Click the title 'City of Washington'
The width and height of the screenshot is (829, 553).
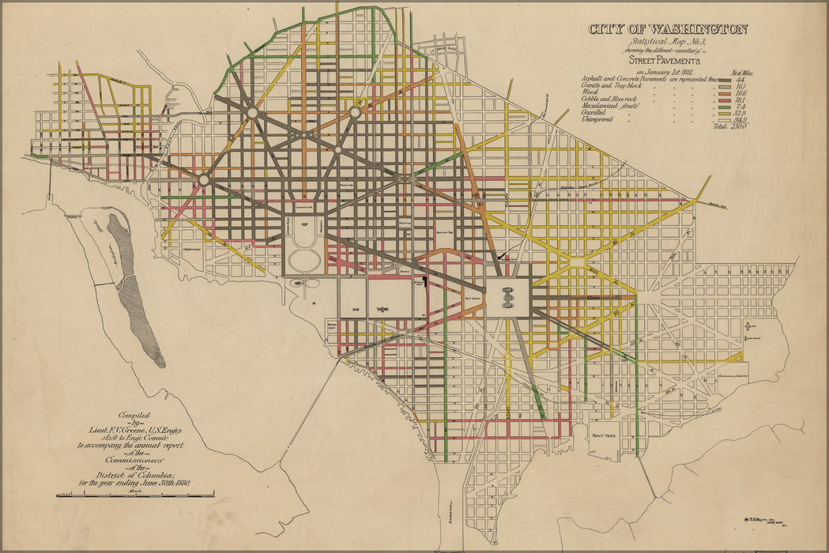pyautogui.click(x=668, y=29)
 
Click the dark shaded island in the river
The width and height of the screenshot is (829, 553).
pyautogui.click(x=134, y=292)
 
